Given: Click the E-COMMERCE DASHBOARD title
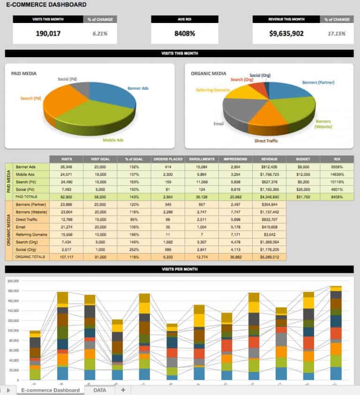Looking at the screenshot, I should tap(46, 5).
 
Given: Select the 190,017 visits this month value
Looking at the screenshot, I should tap(49, 34).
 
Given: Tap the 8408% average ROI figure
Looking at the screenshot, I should tap(185, 34).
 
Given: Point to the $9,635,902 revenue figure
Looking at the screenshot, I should tap(286, 34).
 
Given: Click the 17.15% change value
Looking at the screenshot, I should tap(337, 34).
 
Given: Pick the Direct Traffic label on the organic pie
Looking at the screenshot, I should tap(267, 140).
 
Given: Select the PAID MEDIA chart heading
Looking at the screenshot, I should tap(24, 74).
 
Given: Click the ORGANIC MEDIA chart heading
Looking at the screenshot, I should tap(209, 74).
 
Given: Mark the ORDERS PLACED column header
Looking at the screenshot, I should tap(168, 159).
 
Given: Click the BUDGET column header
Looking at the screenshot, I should tap(303, 159).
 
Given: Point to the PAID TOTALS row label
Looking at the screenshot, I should tap(26, 197).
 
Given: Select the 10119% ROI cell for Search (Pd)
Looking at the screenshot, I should tap(337, 182).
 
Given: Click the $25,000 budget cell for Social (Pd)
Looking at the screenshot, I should tap(303, 189).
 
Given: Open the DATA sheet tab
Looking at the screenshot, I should tap(99, 390).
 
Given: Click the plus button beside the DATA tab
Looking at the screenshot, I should tap(123, 390).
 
